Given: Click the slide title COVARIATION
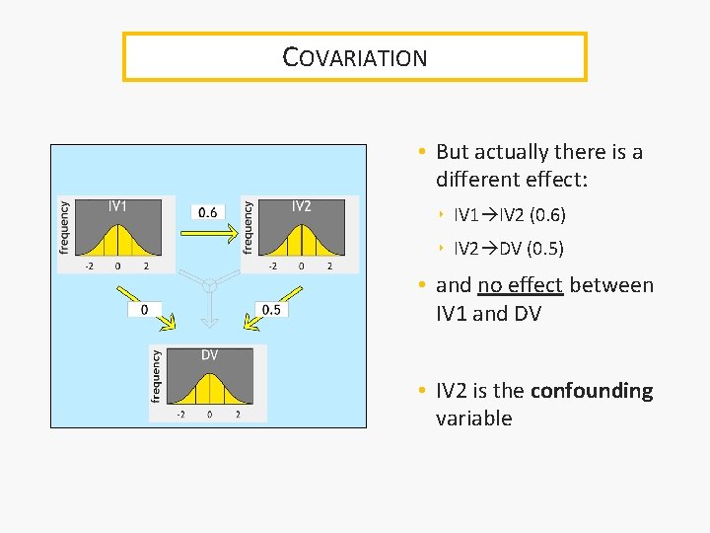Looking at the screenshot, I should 355,57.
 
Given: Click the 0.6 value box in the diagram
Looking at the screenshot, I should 208,211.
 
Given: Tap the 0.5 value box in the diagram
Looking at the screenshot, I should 271,310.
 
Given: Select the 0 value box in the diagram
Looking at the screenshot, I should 145,310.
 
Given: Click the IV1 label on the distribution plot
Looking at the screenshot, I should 117,206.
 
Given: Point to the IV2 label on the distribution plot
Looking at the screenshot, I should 301,206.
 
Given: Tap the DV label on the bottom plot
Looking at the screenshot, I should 210,355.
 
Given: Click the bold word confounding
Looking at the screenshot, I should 592,391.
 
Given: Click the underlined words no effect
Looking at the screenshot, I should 520,286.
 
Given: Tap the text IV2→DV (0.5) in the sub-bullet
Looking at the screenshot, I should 510,248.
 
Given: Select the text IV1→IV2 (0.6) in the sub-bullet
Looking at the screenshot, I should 510,214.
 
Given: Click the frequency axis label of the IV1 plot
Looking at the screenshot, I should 65,227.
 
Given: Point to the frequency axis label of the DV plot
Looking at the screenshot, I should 156,375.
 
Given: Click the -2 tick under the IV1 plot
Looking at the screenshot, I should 89,266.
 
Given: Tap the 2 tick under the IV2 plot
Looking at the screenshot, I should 329,266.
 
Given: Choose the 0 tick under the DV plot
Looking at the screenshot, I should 209,415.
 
